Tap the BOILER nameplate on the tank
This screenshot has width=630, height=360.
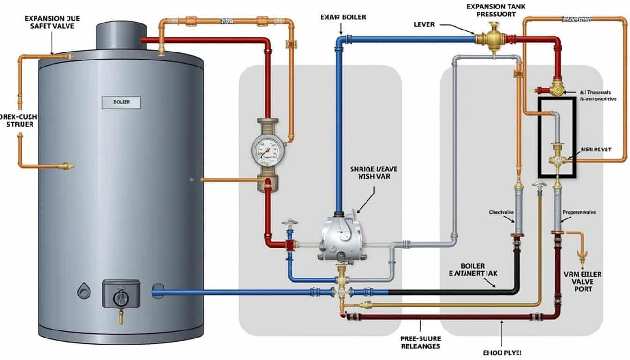click(x=121, y=101)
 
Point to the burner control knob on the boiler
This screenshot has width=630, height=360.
click(x=121, y=296)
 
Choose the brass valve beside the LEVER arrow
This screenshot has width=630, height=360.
click(x=491, y=38)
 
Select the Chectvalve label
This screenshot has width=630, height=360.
click(x=502, y=212)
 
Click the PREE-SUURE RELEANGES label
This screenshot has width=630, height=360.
click(x=420, y=342)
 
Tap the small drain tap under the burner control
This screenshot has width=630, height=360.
click(x=121, y=319)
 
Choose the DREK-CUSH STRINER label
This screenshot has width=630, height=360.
click(x=18, y=120)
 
